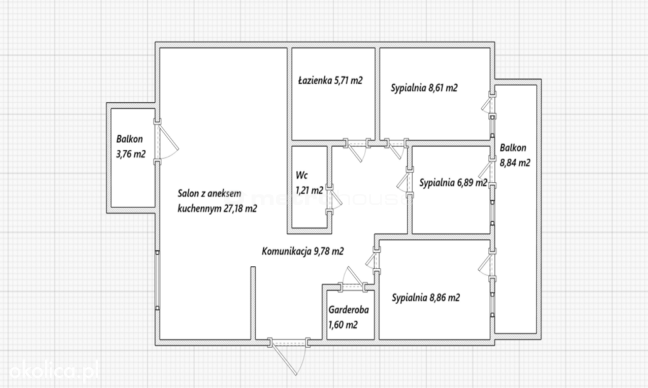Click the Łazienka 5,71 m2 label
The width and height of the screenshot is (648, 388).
pos(330,80)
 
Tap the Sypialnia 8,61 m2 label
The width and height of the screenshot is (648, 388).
pos(424,88)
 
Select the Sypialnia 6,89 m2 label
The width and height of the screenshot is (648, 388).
pos(453,183)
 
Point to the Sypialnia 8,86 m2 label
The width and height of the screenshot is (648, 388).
pos(426,298)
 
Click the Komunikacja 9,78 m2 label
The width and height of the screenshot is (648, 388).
pos(302,251)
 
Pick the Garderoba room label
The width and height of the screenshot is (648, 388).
pos(349,317)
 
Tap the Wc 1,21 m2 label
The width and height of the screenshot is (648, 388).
pos(309,183)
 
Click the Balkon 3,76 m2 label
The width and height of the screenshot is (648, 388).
pos(130,147)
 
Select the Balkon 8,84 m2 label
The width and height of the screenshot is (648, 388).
pos(515,155)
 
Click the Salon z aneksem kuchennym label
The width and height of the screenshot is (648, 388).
pos(218,201)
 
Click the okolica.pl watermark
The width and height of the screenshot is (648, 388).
pos(54,370)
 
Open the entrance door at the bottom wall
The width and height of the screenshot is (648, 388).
pos(288,356)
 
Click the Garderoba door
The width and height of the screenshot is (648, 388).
pos(352,280)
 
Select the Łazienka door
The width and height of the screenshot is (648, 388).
pos(357,149)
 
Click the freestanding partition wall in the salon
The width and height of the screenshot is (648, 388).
pos(253,303)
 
